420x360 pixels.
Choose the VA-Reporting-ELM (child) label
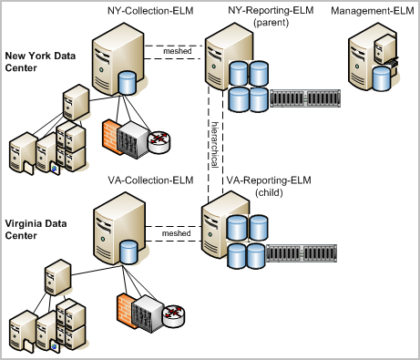click(269, 187)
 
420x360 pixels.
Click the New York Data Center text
click(39, 60)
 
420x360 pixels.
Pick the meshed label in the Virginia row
click(176, 233)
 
